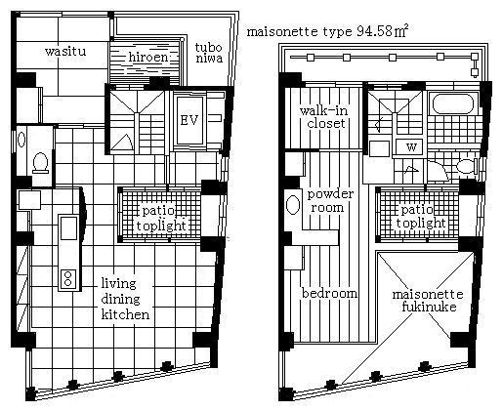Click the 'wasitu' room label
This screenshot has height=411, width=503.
pyautogui.click(x=65, y=52)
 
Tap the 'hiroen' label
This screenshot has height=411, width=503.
pyautogui.click(x=148, y=58)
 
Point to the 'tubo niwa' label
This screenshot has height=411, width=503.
pyautogui.click(x=209, y=53)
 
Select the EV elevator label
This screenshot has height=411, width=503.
pyautogui.click(x=189, y=120)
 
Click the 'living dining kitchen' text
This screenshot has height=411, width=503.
pyautogui.click(x=125, y=299)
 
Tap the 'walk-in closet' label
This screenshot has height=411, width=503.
pyautogui.click(x=324, y=117)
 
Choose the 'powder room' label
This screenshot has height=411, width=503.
pyautogui.click(x=330, y=201)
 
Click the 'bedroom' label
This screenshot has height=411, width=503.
pyautogui.click(x=329, y=294)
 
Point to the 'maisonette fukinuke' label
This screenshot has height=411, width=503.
pyautogui.click(x=428, y=301)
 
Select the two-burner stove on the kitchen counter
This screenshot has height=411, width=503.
pyautogui.click(x=68, y=278)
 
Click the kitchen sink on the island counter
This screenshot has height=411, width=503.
pyautogui.click(x=69, y=228)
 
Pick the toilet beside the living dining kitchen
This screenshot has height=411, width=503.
pyautogui.click(x=40, y=163)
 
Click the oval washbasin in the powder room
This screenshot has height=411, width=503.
pyautogui.click(x=293, y=205)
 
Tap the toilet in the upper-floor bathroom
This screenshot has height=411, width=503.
pyautogui.click(x=467, y=166)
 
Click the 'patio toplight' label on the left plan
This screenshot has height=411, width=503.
pyautogui.click(x=161, y=218)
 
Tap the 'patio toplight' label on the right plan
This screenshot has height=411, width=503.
pyautogui.click(x=420, y=217)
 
